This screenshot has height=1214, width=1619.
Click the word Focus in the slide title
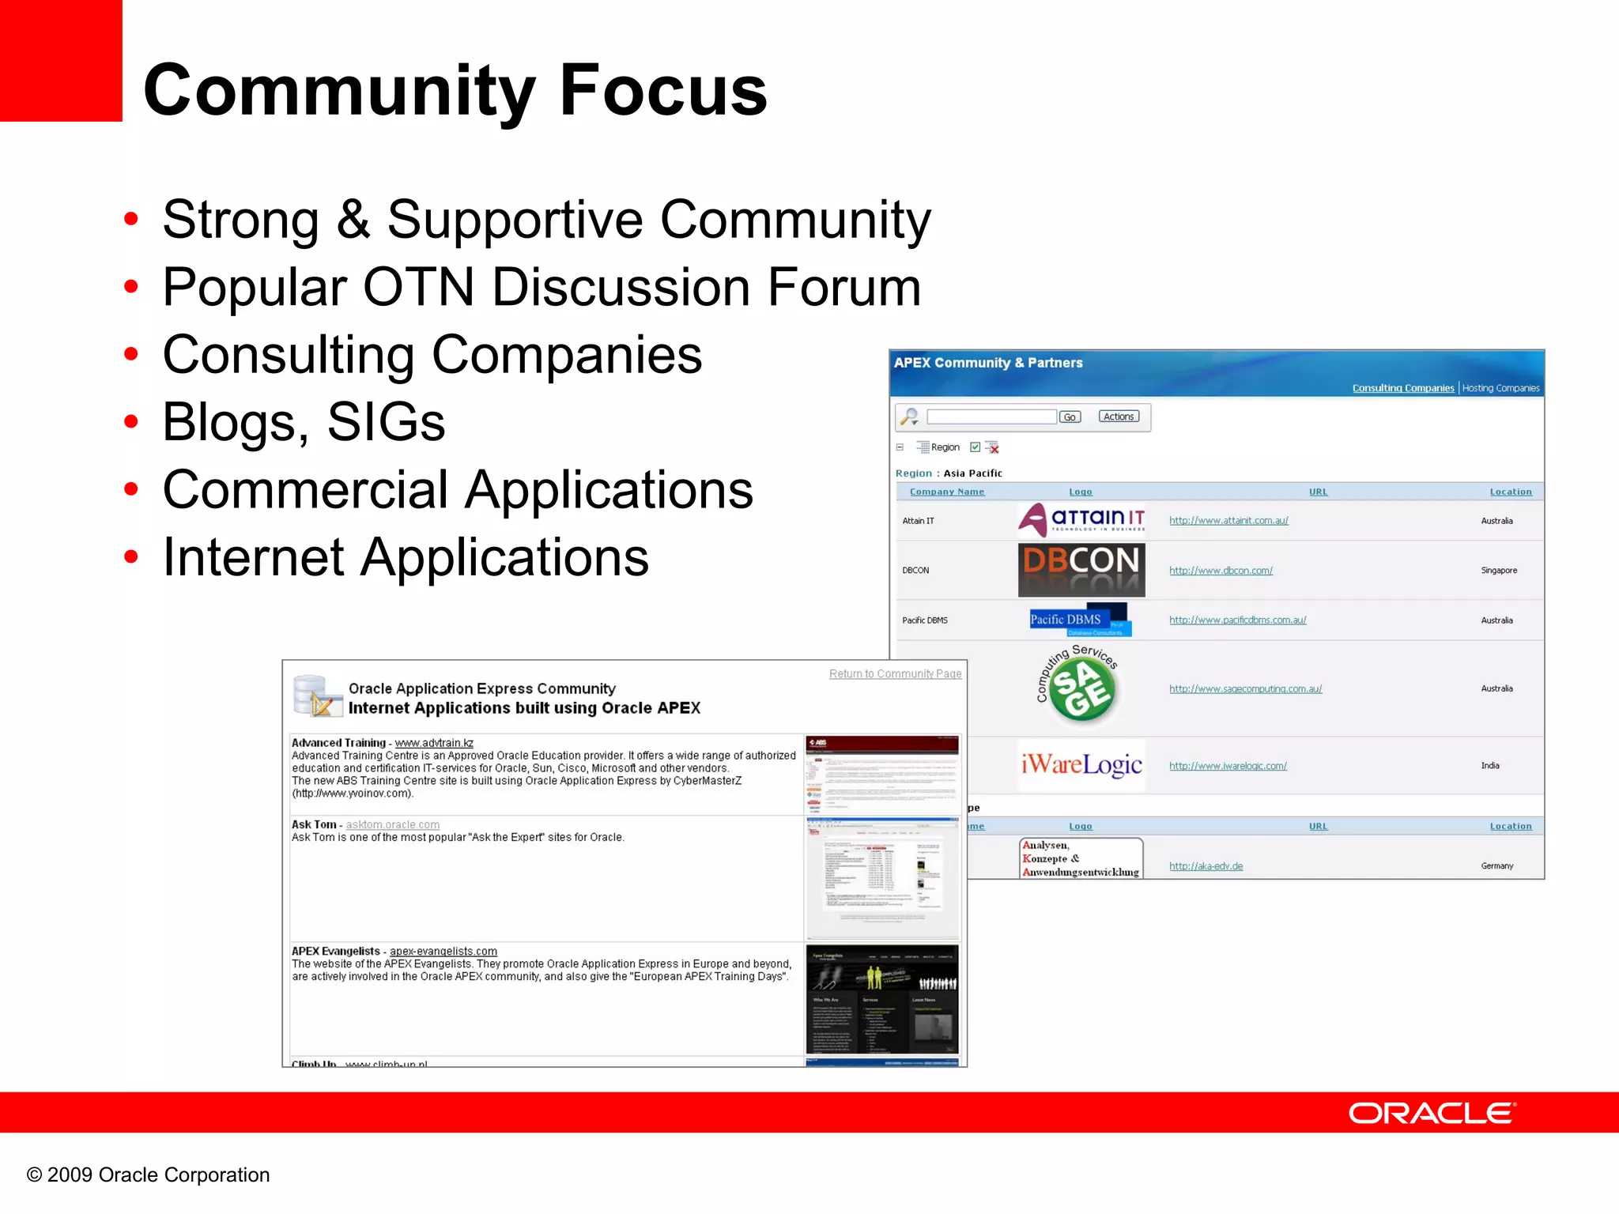pos(662,90)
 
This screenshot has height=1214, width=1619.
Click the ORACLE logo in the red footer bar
pos(1432,1113)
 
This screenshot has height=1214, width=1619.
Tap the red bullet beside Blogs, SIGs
pos(131,421)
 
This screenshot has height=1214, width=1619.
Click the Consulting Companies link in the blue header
pos(1402,388)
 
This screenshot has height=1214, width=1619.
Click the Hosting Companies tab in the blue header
pos(1500,388)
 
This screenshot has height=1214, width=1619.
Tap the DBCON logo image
pos(1081,569)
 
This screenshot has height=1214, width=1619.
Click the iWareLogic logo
pos(1081,764)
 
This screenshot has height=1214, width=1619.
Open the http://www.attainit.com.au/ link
pos(1228,521)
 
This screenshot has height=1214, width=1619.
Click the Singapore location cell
pos(1498,571)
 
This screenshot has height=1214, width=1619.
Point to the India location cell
pos(1489,766)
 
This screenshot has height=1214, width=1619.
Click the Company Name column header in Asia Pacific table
pos(946,492)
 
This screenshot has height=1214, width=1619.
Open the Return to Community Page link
pos(895,674)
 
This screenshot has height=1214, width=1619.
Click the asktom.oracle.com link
pos(393,825)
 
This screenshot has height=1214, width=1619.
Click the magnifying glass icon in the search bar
pos(910,417)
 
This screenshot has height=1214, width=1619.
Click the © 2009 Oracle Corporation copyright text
pos(149,1175)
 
